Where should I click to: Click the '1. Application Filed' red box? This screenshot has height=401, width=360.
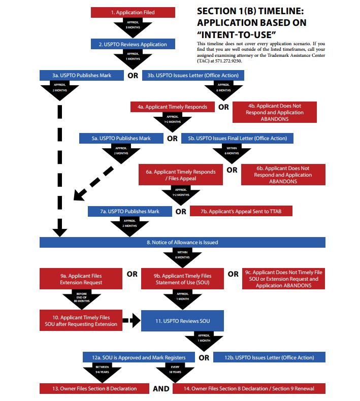134,12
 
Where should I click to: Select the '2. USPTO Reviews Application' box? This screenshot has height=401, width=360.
134,44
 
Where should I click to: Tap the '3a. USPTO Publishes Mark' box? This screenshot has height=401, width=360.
82,76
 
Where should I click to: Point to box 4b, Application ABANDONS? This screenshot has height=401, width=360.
275,112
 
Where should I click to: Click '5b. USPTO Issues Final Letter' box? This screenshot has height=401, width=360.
237,138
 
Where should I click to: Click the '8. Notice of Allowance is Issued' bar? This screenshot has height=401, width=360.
182,242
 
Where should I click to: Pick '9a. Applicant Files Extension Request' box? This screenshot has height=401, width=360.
81,279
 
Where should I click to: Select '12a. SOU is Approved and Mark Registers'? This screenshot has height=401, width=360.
139,357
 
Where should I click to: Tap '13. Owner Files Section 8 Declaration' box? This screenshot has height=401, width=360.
88,388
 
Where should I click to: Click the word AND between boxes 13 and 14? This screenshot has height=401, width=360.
158,389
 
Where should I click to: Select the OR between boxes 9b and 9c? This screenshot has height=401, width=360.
233,274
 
